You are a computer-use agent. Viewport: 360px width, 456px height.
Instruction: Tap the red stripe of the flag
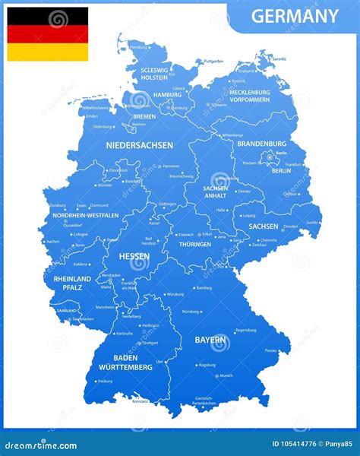point(47,34)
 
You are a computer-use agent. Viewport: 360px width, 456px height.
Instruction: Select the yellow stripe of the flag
point(47,52)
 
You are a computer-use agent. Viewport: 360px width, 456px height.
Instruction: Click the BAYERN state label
point(211,339)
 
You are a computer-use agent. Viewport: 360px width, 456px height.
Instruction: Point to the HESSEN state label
point(133,257)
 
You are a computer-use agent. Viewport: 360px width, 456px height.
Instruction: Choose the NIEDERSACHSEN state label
point(139,144)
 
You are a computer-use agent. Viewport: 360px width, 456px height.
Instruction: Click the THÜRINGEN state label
point(194,245)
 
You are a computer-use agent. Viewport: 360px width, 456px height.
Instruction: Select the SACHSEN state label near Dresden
point(263,226)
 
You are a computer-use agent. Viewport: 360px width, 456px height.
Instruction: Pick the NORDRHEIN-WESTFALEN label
point(85,215)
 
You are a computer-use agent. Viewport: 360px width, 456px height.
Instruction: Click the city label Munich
point(226,375)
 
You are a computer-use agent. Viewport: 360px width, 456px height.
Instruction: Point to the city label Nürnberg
point(191,311)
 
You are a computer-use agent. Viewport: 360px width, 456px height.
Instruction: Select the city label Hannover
point(172,166)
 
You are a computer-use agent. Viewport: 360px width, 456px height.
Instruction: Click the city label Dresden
point(290,226)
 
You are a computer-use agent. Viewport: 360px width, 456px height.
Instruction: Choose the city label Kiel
point(172,74)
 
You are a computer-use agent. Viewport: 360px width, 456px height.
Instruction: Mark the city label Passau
point(270,350)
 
